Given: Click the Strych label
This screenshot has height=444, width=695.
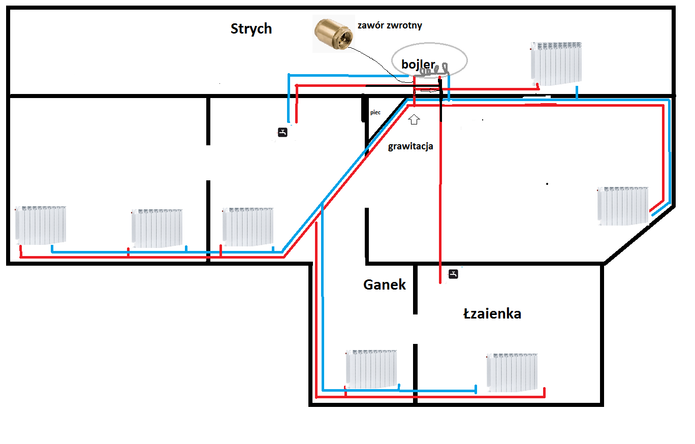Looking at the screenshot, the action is (251, 29).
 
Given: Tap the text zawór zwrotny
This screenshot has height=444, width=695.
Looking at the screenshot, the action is (390, 25).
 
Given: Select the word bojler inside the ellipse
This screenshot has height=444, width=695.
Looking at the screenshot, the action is (418, 64).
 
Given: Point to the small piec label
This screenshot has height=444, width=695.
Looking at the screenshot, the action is (375, 112).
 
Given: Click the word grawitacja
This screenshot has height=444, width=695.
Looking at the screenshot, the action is (410, 146).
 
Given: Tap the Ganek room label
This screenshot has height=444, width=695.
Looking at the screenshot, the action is (385, 284).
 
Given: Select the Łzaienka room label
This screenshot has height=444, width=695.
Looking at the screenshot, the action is (492, 313).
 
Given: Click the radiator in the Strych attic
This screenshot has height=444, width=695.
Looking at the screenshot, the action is (556, 64).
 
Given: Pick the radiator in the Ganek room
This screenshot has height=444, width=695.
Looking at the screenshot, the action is (371, 369).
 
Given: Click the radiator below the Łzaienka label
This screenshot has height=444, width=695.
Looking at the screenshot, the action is (512, 372).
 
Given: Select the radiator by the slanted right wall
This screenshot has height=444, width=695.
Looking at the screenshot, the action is (623, 206).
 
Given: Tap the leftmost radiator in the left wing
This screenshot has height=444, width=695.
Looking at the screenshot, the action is (41, 225).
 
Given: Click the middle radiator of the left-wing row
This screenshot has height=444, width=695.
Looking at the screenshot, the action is (157, 228).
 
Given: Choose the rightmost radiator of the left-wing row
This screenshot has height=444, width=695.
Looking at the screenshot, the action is (248, 227).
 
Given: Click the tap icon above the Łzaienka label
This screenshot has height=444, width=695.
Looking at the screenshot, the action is (453, 274).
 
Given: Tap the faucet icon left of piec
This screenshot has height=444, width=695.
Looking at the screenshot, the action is (282, 132).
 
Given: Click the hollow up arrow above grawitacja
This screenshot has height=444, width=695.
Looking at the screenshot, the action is (414, 119).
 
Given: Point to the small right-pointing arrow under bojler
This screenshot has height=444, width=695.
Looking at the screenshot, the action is (430, 90).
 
